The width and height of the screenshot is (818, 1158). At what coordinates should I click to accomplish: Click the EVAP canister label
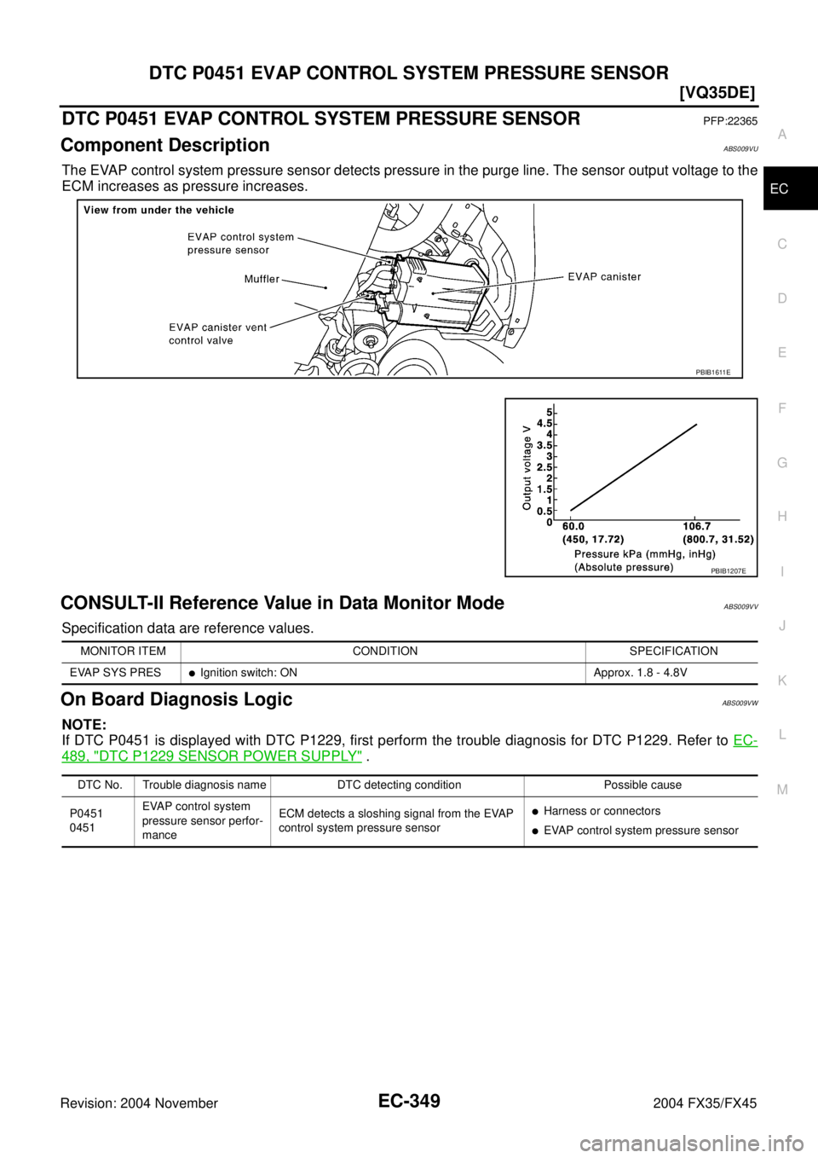tap(604, 276)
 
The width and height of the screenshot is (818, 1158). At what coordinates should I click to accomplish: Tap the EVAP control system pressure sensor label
tap(240, 244)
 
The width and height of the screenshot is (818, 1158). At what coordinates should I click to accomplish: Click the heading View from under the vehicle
tap(158, 210)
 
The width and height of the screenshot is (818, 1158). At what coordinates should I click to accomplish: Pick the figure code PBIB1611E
tap(712, 372)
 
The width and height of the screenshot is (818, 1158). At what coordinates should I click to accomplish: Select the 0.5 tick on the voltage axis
tap(544, 511)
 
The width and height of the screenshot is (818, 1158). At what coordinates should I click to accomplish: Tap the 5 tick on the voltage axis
tap(550, 412)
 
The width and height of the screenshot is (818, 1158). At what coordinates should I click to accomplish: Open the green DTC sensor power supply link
tap(212, 756)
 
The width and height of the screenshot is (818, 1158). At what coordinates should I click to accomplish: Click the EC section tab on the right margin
tap(780, 189)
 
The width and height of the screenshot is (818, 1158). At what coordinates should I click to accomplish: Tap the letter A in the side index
tap(780, 135)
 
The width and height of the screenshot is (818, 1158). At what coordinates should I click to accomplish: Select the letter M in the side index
tap(780, 790)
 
